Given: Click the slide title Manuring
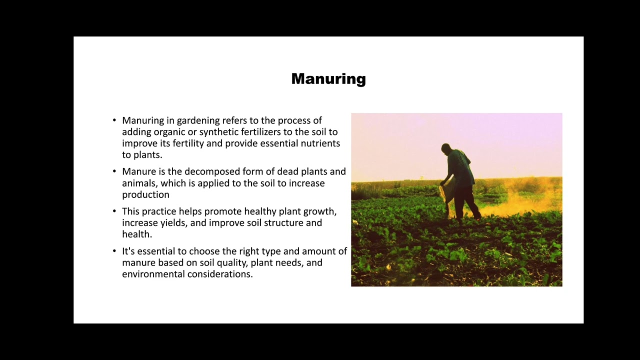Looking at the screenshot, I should click(x=328, y=79).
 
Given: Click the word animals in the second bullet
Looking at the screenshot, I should click(x=139, y=183).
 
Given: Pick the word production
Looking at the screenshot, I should click(x=145, y=195).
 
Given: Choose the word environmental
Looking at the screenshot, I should click(x=153, y=274).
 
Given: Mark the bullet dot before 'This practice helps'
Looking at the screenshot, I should click(x=114, y=211).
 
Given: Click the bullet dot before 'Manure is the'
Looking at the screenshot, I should click(x=114, y=171).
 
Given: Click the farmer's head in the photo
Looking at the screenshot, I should click(x=445, y=148).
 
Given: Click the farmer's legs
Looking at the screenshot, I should click(x=465, y=202).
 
